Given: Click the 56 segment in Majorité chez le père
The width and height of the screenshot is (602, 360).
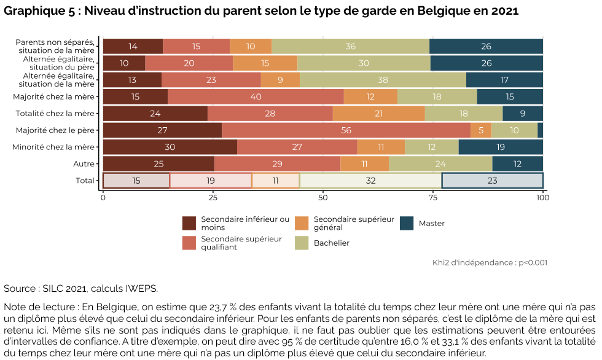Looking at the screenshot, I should [346, 130].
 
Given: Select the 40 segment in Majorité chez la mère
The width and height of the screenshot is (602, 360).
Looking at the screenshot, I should [256, 97].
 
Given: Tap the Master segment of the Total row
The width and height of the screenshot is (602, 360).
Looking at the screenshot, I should [492, 181].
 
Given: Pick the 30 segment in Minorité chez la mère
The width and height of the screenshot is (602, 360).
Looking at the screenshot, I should [170, 147].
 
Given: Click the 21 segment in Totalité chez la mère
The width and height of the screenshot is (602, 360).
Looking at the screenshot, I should [378, 114].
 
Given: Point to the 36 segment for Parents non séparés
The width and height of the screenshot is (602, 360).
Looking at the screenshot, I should [350, 46].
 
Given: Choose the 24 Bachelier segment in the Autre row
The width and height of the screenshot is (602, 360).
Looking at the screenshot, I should [440, 163].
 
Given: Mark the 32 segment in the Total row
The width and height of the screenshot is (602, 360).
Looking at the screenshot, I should [370, 181].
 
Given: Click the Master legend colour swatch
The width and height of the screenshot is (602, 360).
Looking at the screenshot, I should [407, 224].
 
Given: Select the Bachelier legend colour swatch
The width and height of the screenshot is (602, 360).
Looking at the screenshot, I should [302, 243].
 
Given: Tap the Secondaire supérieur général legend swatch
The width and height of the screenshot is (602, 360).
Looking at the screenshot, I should [302, 224].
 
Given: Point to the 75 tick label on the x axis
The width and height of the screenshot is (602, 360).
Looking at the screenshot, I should [433, 198].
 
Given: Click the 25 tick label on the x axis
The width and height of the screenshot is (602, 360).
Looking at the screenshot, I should [213, 198].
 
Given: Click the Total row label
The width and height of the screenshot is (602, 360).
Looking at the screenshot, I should [84, 181].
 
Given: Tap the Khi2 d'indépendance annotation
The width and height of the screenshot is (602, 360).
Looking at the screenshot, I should [490, 262].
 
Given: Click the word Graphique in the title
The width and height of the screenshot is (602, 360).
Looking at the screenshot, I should [32, 11].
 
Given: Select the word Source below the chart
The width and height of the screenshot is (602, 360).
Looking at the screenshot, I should [19, 289].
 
